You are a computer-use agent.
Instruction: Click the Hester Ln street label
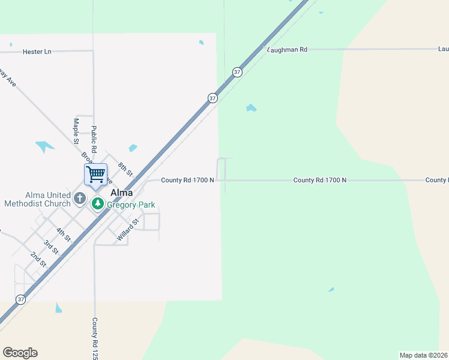point(37,52)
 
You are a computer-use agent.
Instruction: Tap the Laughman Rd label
point(288,50)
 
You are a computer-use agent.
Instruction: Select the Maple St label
point(76,131)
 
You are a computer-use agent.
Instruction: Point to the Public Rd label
point(94,140)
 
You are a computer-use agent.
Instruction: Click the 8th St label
point(125,169)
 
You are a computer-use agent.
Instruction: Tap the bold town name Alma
point(121,193)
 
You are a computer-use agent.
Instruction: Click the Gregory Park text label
point(131,205)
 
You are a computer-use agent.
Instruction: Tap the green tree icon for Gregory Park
point(98,204)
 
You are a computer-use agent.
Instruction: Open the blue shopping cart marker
point(96,175)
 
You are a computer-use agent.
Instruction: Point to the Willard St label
point(128,230)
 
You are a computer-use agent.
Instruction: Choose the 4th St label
point(63,235)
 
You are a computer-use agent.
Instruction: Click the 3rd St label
point(50,246)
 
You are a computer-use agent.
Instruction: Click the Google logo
point(20,353)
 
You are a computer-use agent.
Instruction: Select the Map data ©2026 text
point(423,355)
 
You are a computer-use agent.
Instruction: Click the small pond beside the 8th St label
point(133,148)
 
